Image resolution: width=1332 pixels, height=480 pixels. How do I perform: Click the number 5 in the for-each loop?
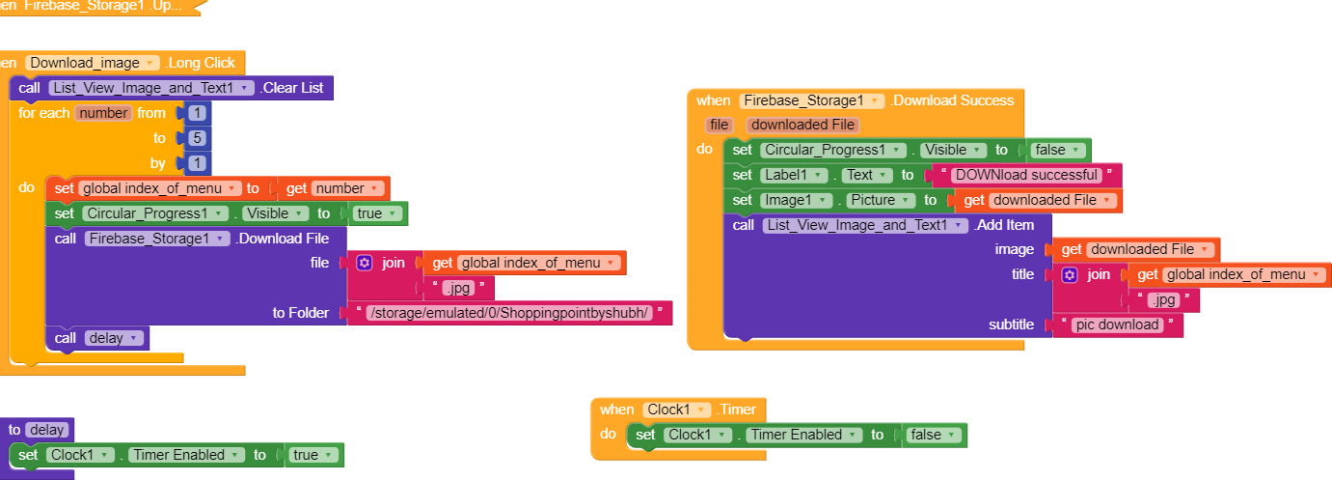point(198,138)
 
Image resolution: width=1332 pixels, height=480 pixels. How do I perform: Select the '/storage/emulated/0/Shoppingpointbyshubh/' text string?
point(509,313)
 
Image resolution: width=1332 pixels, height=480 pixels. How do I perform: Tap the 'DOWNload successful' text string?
point(1026,175)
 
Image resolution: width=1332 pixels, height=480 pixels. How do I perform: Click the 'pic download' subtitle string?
point(1117,325)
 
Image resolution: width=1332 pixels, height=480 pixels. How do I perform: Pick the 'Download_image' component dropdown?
point(93,63)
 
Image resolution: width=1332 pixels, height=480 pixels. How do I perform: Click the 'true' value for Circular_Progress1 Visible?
point(376,213)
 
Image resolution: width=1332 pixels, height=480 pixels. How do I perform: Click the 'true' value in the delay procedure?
point(313,455)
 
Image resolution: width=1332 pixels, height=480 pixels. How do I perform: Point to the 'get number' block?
point(334,188)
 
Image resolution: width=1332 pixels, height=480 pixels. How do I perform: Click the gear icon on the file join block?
point(365,263)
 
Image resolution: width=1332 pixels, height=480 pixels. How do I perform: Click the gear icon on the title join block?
point(1070,274)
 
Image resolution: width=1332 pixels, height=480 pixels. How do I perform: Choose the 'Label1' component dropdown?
point(794,175)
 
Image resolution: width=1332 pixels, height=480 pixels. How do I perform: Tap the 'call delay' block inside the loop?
point(97,338)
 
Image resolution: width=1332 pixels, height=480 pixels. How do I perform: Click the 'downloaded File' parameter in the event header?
point(802,125)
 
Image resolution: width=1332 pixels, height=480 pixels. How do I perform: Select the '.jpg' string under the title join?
point(1164,300)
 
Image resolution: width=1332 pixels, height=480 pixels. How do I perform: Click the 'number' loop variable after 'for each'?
point(103,113)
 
